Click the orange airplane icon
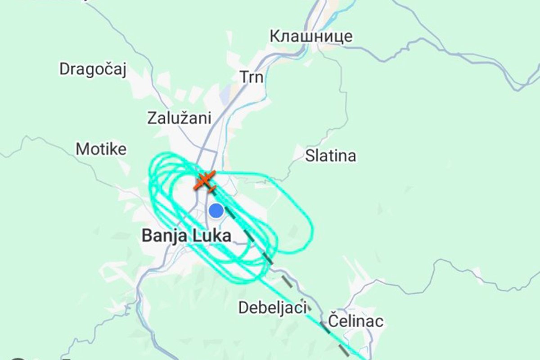[205, 181]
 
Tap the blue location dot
[216, 210]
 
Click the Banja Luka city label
[186, 235]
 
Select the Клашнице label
[311, 36]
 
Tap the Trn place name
[252, 77]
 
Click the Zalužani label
[179, 118]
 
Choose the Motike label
[101, 149]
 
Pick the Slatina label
[330, 156]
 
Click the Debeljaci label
[272, 308]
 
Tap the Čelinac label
[355, 321]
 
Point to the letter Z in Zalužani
[152, 118]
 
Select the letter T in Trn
[243, 77]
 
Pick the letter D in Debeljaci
[243, 308]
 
